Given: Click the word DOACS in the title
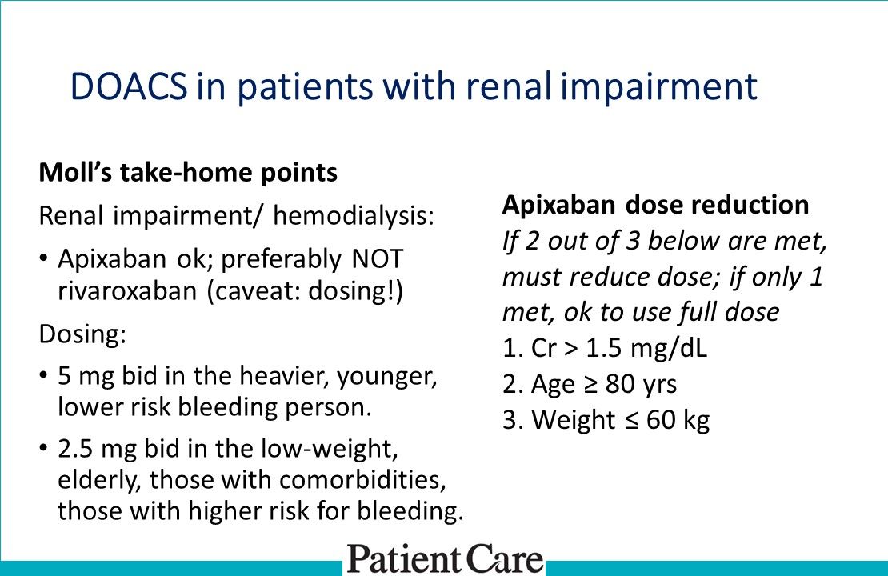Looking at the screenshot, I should pos(127,86).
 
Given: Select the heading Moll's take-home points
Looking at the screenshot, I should pos(189,173).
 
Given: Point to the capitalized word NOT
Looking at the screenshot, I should pos(376,259).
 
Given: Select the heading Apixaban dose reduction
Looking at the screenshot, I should pos(655,205).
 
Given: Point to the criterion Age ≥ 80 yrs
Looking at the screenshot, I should pos(590,384).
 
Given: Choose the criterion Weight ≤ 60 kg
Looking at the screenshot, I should pos(606,419).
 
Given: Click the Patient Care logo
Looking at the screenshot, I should pos(445,558).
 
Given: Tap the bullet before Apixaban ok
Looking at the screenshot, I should pos(43,259).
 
